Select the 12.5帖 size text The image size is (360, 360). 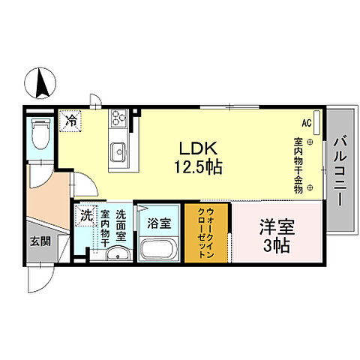[x=198, y=167]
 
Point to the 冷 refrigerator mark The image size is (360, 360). [x=71, y=118]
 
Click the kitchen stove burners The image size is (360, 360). [x=119, y=117]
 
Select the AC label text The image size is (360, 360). [x=307, y=122]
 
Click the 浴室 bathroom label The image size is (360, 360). [x=157, y=223]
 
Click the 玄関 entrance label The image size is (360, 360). [x=40, y=241]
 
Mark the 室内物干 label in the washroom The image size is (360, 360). [x=105, y=228]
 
